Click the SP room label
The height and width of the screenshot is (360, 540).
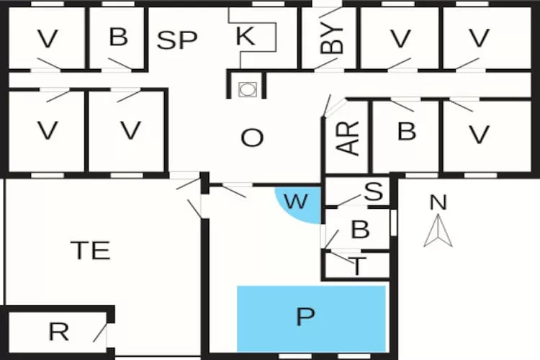pyautogui.click(x=177, y=40)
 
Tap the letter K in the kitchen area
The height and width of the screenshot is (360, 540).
pyautogui.click(x=246, y=37)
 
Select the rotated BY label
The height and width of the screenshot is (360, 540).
pyautogui.click(x=332, y=36)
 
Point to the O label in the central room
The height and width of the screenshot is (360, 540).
pyautogui.click(x=252, y=138)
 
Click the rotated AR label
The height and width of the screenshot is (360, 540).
pyautogui.click(x=348, y=138)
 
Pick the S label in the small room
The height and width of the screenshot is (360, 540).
pyautogui.click(x=373, y=192)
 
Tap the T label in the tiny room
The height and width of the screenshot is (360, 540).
pyautogui.click(x=358, y=266)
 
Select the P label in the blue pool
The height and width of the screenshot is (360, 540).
pyautogui.click(x=307, y=317)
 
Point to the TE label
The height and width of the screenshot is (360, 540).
pyautogui.click(x=91, y=250)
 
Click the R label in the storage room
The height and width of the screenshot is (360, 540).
pyautogui.click(x=58, y=332)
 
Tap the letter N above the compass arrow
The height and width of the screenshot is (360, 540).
pyautogui.click(x=437, y=203)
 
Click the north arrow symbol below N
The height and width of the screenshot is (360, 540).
pyautogui.click(x=437, y=233)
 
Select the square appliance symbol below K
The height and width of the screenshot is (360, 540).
pyautogui.click(x=247, y=89)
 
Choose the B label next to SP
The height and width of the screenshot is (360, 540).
pyautogui.click(x=118, y=37)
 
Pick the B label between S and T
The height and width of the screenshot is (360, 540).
pyautogui.click(x=360, y=230)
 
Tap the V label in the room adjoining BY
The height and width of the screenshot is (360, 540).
pyautogui.click(x=401, y=37)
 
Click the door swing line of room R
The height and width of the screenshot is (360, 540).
pyautogui.click(x=100, y=332)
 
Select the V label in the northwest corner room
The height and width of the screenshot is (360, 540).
pyautogui.click(x=48, y=38)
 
